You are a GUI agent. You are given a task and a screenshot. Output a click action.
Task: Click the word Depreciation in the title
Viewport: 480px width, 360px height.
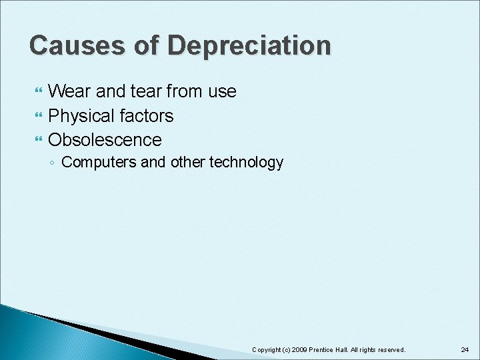tap(249, 46)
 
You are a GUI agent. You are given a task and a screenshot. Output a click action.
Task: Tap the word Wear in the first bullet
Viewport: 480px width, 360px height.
tap(70, 91)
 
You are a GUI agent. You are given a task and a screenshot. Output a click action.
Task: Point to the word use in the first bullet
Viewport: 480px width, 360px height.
tap(222, 91)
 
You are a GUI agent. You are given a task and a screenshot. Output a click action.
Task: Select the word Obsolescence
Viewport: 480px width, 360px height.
tap(105, 140)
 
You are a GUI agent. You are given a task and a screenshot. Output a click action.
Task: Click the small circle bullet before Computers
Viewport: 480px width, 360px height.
tap(53, 163)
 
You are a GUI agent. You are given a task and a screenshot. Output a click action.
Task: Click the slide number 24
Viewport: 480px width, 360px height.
tap(465, 349)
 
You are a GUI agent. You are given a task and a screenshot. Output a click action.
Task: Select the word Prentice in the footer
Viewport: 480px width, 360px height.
tap(327, 349)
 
